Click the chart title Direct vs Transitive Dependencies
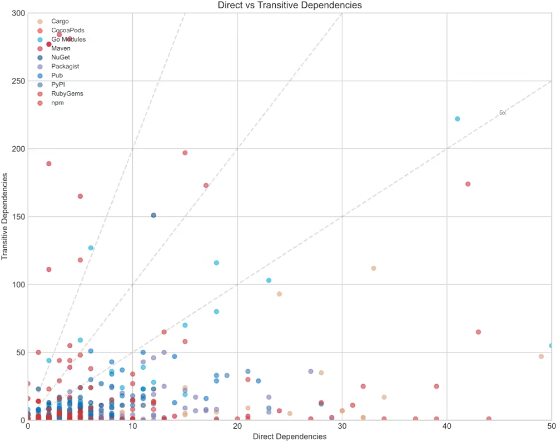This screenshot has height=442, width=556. [290, 6]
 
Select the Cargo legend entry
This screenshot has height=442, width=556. [60, 21]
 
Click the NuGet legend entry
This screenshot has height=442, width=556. [61, 57]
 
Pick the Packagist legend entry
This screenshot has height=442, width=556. [65, 66]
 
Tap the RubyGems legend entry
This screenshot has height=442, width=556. [67, 93]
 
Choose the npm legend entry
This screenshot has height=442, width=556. [58, 103]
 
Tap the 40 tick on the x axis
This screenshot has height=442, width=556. [448, 426]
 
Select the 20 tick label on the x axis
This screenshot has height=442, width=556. [237, 426]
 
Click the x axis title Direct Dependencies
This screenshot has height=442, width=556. [290, 436]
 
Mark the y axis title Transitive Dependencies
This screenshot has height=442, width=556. [6, 217]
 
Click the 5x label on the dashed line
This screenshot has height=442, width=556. [503, 112]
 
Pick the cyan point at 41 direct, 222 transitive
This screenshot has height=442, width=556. [458, 119]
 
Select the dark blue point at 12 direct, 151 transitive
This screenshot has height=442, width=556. [154, 215]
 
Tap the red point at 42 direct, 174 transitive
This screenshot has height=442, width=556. [468, 184]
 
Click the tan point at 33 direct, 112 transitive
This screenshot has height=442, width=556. [374, 268]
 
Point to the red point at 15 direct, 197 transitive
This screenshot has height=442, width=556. [185, 153]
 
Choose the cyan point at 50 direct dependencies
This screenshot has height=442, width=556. [552, 345]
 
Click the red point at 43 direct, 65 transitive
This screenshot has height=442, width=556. [478, 332]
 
